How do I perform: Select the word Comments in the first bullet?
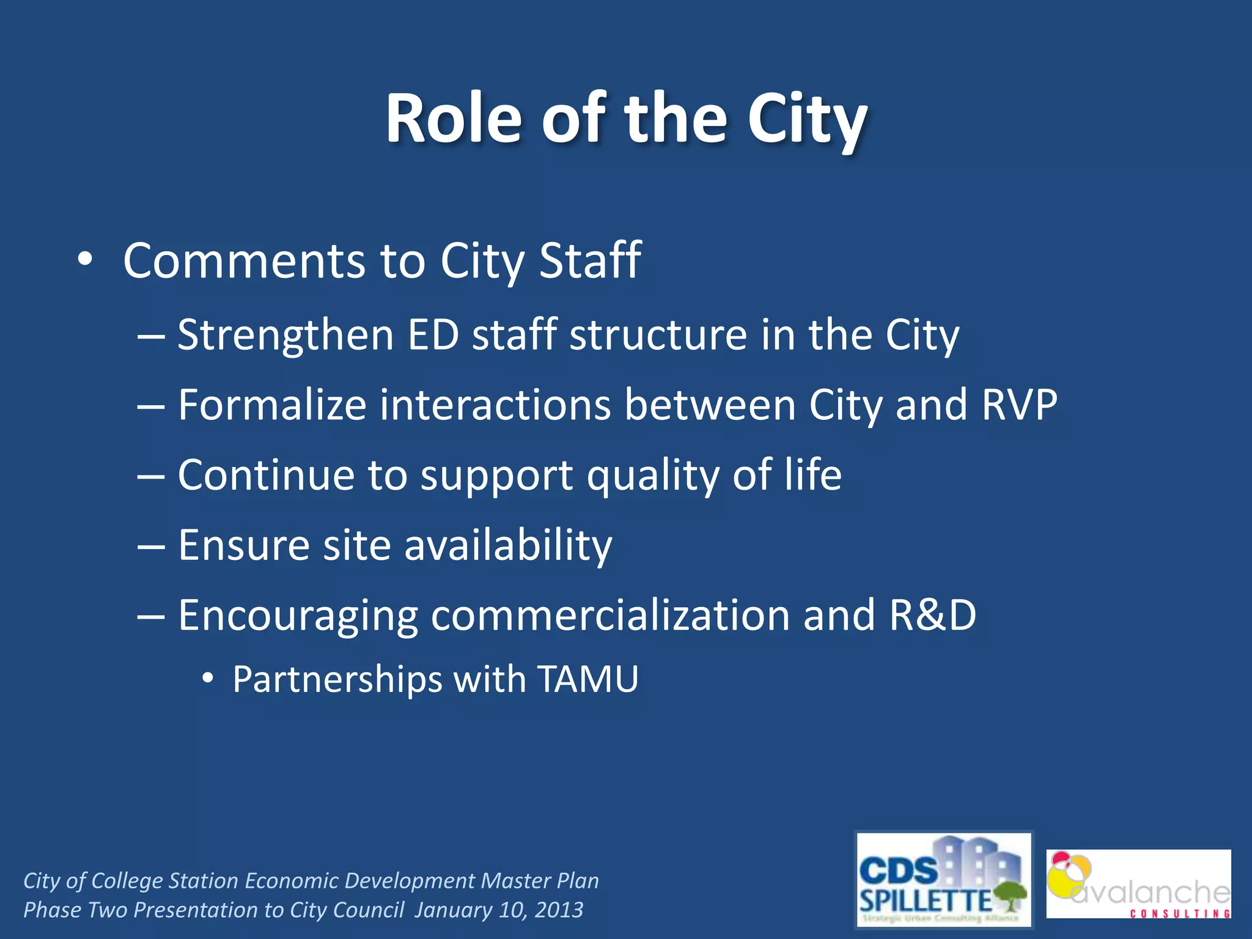[x=243, y=261]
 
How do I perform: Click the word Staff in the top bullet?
[x=590, y=261]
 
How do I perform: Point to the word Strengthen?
[x=285, y=336]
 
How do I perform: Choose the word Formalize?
[x=271, y=405]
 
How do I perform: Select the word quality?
[x=653, y=476]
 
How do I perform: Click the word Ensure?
[x=243, y=545]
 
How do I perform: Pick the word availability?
[x=508, y=545]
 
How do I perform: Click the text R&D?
[x=933, y=615]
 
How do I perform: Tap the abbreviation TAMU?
[x=588, y=679]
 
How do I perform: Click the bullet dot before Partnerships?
[x=208, y=678]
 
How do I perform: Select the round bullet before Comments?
[x=85, y=260]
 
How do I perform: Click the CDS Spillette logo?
[x=943, y=879]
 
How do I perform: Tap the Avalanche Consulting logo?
[x=1138, y=883]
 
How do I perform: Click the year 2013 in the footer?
[x=559, y=910]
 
